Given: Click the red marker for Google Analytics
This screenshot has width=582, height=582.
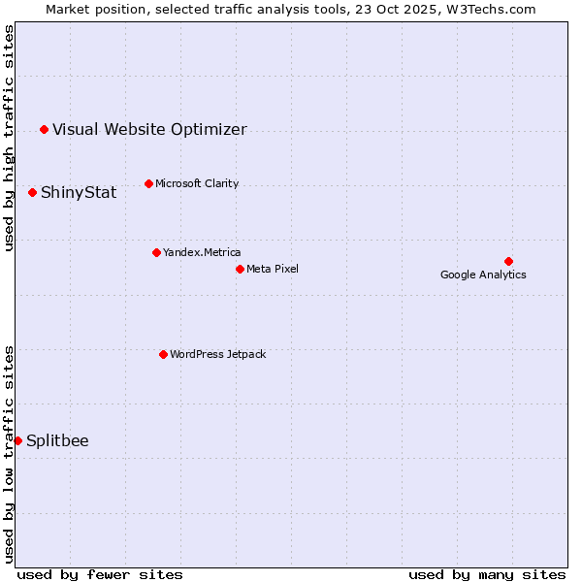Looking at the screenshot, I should [x=508, y=261].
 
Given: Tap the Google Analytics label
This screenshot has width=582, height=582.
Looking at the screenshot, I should [x=483, y=275].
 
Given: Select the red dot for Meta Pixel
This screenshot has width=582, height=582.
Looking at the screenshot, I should [x=240, y=269].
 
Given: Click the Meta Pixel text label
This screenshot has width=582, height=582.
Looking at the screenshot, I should [x=273, y=269].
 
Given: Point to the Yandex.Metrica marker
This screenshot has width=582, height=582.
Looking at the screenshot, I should [x=156, y=252].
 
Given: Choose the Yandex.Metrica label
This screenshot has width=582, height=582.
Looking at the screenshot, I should [x=202, y=252].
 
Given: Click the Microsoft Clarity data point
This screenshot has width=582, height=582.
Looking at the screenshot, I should [x=148, y=183].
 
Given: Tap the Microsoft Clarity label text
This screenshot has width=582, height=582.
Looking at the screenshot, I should [x=197, y=183].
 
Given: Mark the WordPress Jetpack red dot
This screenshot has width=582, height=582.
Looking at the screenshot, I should [x=163, y=354].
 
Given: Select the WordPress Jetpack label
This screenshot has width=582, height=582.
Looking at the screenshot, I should [x=217, y=354].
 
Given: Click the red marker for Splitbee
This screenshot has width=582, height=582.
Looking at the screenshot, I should [x=17, y=440].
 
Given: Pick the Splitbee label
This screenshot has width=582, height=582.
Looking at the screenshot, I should [x=57, y=441].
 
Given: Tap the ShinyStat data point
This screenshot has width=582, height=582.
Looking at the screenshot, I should [x=32, y=192].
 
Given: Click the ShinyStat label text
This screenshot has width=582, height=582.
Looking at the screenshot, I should [x=79, y=193].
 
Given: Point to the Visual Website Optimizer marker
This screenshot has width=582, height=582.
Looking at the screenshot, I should [x=44, y=129].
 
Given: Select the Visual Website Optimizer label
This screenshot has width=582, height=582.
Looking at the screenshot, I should [x=149, y=130].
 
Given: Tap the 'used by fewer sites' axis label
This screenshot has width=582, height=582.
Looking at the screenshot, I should [x=100, y=574].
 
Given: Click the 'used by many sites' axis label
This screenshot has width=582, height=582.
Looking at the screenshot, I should [x=487, y=574].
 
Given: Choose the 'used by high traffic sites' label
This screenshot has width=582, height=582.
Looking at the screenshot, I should [x=9, y=138].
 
